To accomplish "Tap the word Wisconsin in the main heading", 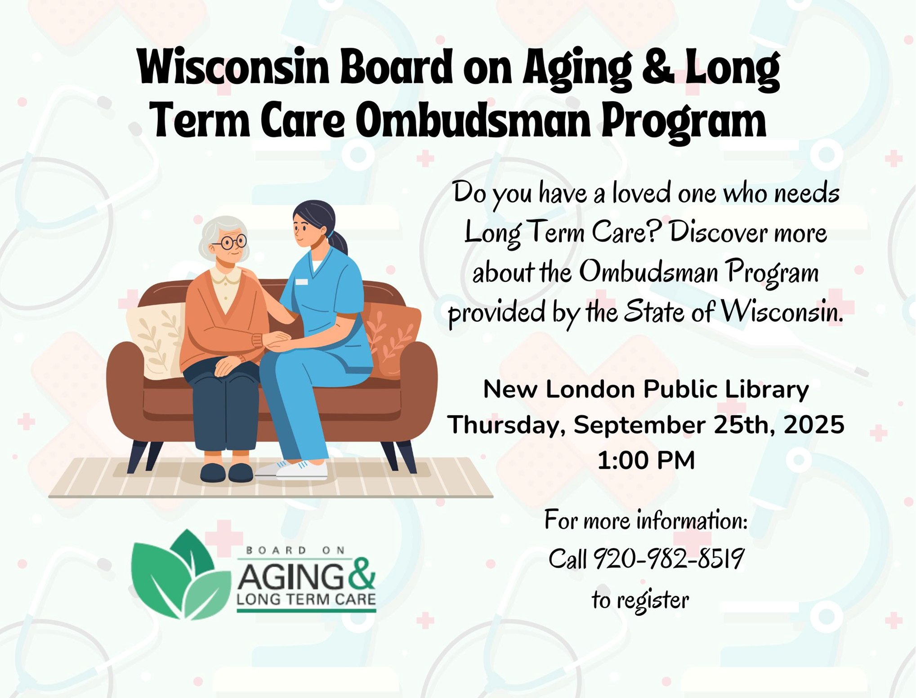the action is (x=234, y=67).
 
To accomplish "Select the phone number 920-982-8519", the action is (x=669, y=559).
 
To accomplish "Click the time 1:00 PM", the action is (x=646, y=460).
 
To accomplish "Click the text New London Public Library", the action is (x=646, y=389).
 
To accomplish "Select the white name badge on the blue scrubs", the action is (x=302, y=282).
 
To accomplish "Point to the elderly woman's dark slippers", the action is (x=227, y=472).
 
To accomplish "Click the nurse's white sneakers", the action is (x=292, y=469).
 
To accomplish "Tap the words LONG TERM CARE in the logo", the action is (x=306, y=599).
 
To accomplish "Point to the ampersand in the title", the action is (x=657, y=67).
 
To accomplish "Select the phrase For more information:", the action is (x=646, y=520).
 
